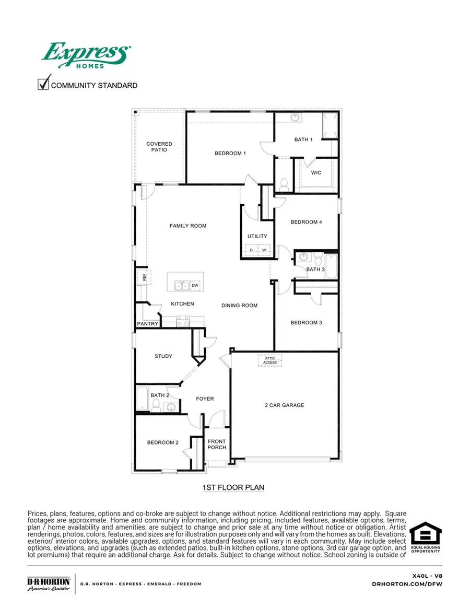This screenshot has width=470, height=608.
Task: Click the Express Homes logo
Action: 86,55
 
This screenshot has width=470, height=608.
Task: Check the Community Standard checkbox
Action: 44,84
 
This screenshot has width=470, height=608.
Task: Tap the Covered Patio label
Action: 159,147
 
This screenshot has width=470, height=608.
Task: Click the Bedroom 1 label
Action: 230,153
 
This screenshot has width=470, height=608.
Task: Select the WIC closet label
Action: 316,173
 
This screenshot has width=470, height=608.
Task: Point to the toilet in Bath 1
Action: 285,184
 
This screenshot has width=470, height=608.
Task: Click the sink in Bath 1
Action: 295,118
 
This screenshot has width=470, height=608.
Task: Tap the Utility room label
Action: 257,236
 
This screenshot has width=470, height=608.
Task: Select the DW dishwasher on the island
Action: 195,285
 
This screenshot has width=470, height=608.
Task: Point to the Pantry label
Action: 147,324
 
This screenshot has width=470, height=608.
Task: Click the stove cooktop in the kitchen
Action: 183,321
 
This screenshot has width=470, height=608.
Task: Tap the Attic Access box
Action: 270,360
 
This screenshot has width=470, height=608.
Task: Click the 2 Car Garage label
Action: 284,405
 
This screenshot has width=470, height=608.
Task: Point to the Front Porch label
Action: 217,445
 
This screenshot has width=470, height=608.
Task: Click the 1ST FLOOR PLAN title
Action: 233,487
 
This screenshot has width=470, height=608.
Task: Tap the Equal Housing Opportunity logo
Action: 425,537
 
